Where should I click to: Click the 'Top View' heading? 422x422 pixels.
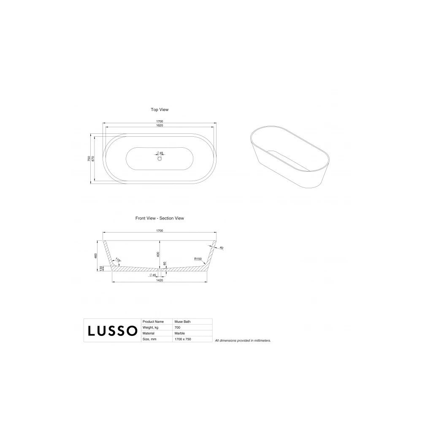click(x=160, y=110)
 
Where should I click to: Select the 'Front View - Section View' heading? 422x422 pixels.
click(x=160, y=218)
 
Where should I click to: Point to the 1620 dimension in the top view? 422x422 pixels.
click(x=160, y=125)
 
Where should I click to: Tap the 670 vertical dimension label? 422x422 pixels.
click(x=93, y=159)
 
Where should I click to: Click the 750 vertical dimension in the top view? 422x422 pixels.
click(x=89, y=159)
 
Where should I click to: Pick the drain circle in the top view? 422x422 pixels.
click(x=160, y=159)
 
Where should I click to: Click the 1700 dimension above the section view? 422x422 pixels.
click(x=160, y=231)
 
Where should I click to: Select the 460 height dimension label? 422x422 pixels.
click(x=95, y=256)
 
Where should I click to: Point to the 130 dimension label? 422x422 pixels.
click(x=101, y=268)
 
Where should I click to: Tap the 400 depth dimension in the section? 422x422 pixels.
click(x=158, y=254)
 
